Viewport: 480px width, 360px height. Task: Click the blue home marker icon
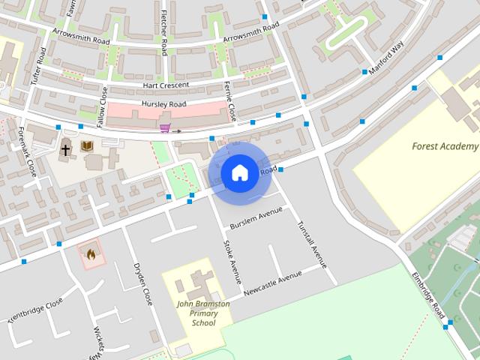tap(239, 173)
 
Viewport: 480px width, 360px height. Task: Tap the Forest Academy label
tap(445, 146)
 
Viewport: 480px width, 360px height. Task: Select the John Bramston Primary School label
tap(198, 313)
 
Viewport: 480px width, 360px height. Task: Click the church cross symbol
tap(66, 149)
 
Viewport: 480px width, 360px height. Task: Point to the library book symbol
tap(87, 146)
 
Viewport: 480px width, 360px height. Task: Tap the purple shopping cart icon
tap(164, 127)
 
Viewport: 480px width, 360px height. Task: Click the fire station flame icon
tap(91, 254)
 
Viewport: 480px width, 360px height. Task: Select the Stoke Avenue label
tap(232, 262)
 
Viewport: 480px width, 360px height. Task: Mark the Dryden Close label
tap(142, 283)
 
